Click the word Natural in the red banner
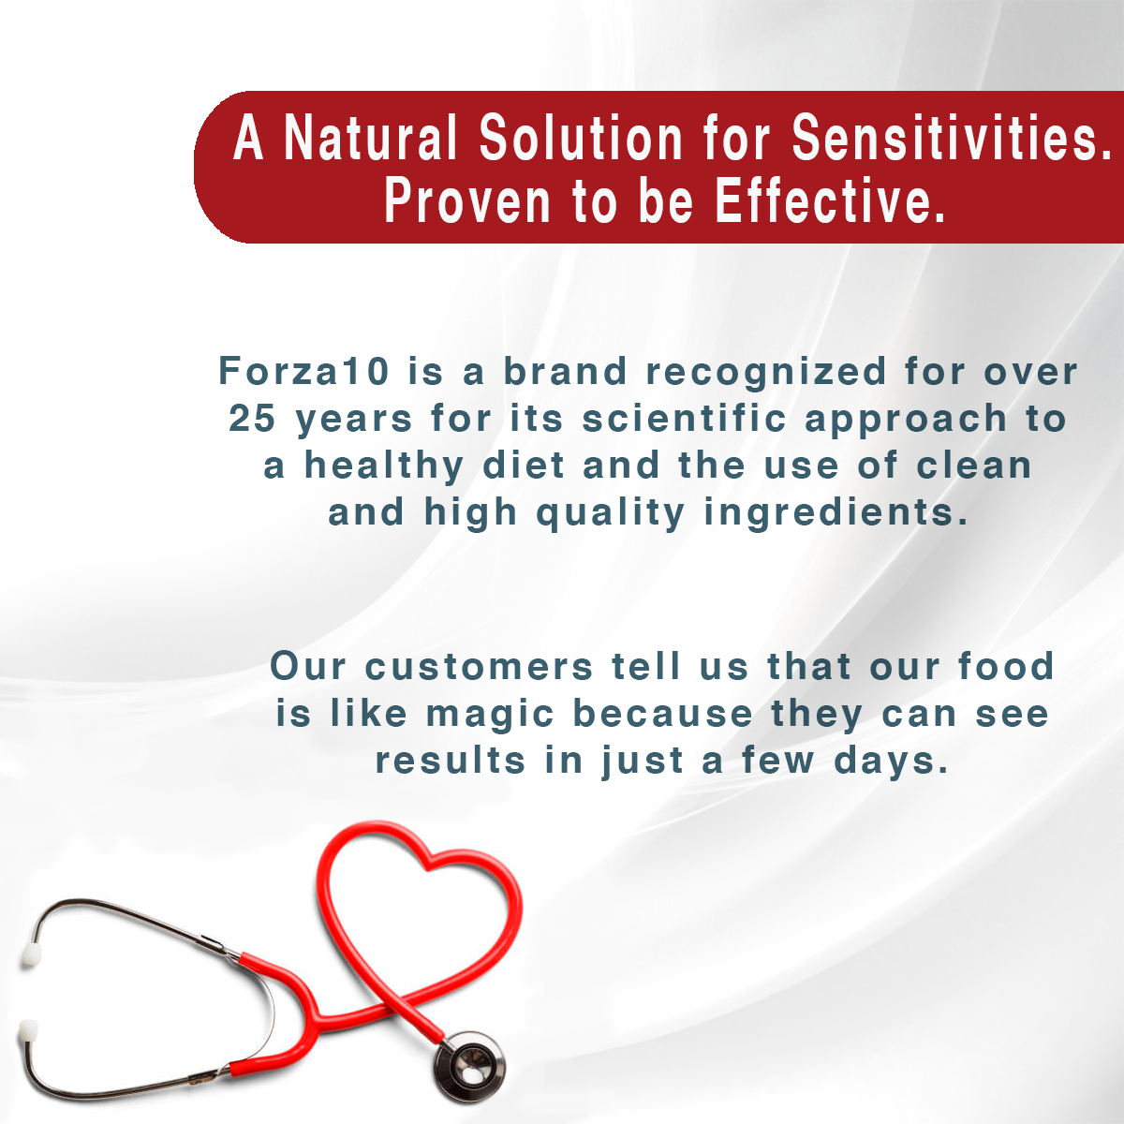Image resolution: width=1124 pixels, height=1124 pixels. [x=370, y=139]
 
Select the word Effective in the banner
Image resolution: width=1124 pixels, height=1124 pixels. [x=830, y=200]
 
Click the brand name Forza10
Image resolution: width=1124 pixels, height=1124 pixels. [x=303, y=371]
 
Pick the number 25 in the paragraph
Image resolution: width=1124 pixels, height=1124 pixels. [x=252, y=418]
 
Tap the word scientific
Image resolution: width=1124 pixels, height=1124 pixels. [x=684, y=418]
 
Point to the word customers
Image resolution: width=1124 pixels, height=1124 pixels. [x=479, y=667]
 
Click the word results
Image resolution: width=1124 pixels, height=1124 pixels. [x=451, y=761]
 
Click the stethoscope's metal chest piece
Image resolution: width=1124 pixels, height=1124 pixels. [x=469, y=1066]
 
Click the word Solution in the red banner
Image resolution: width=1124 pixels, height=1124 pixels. [x=581, y=139]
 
